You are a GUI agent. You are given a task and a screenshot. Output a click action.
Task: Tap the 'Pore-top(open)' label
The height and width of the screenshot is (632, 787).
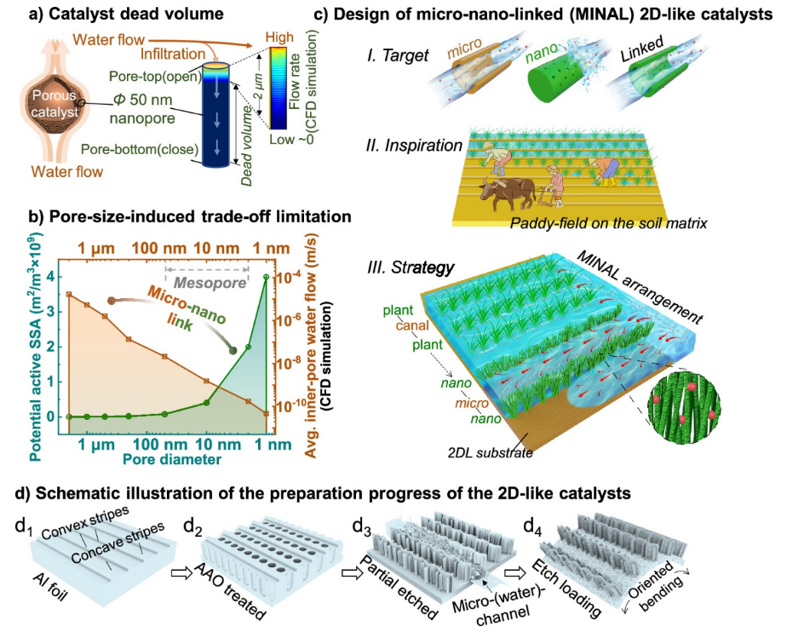(152, 76)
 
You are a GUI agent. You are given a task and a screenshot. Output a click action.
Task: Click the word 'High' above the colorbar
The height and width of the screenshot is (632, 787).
(279, 37)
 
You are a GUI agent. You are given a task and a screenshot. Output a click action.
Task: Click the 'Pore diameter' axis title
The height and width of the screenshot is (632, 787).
(166, 459)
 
